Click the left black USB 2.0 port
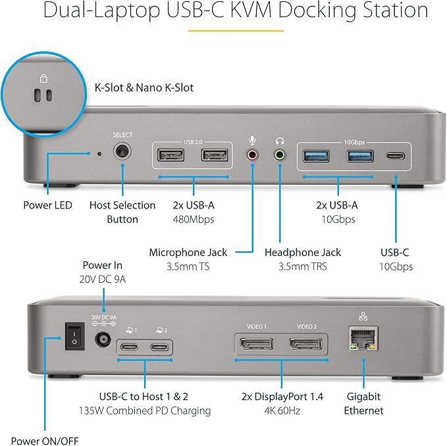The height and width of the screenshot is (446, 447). [x=171, y=156]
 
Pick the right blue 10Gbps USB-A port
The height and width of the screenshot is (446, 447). [x=360, y=156]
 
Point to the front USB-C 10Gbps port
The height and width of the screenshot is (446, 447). [x=395, y=157]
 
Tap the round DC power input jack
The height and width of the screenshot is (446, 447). [x=103, y=339]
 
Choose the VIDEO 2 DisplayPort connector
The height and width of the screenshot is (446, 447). [x=306, y=344]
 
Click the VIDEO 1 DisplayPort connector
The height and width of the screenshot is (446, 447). [x=256, y=344]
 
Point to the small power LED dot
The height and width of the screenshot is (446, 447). [x=99, y=154]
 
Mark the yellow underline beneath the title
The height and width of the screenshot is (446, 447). [x=236, y=30]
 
